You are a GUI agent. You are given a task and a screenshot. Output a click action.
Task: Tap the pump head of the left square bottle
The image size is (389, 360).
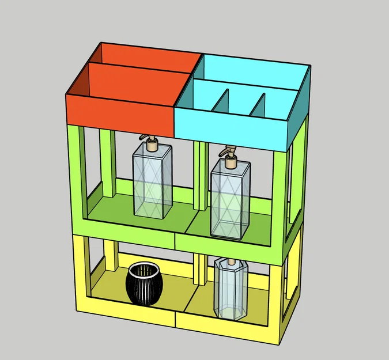pyautogui.click(x=152, y=142)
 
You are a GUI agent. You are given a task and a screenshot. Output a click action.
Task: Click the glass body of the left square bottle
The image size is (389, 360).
pyautogui.click(x=152, y=181)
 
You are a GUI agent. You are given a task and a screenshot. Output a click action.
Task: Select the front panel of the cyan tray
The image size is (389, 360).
pyautogui.click(x=231, y=130)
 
